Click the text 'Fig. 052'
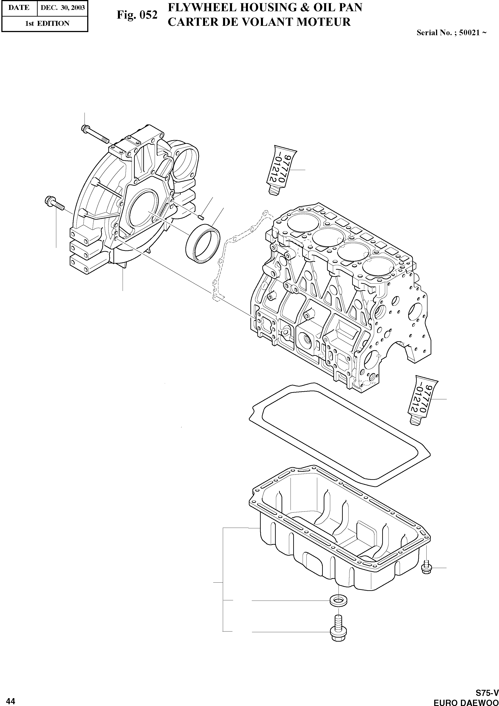[137, 15]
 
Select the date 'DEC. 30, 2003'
[62, 8]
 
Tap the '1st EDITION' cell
[47, 23]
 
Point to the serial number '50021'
[469, 33]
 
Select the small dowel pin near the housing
[201, 218]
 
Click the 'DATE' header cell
[19, 8]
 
